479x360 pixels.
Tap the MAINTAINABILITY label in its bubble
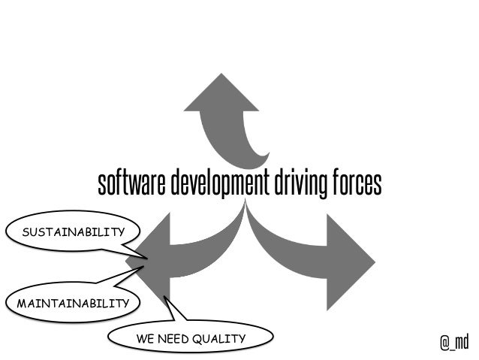(69, 304)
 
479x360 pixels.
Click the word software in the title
(132, 183)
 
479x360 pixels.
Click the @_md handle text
(453, 343)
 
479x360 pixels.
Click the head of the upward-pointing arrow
(221, 94)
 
